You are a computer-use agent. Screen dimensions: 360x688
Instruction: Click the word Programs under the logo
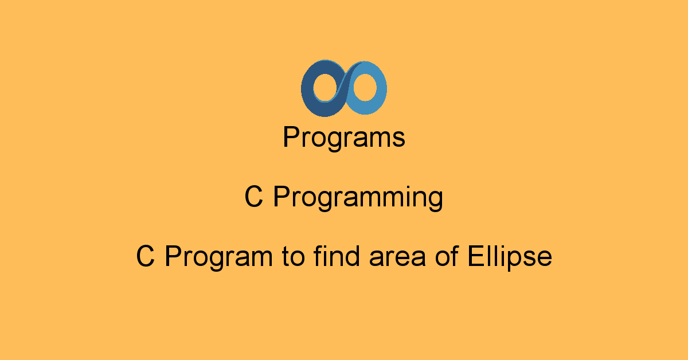(x=344, y=138)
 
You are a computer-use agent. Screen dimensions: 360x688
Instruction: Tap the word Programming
(x=358, y=198)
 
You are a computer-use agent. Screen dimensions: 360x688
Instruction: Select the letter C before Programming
(x=254, y=198)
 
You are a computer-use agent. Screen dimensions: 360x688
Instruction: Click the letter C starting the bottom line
(x=146, y=256)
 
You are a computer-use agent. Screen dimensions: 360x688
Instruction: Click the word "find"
(x=338, y=256)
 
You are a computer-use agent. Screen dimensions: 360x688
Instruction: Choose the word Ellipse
(x=510, y=257)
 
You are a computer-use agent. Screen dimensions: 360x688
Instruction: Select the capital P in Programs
(x=290, y=138)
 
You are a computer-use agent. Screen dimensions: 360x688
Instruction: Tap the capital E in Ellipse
(x=475, y=256)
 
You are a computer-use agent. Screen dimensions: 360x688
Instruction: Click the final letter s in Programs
(x=399, y=140)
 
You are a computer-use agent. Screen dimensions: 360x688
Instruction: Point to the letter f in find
(x=318, y=256)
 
